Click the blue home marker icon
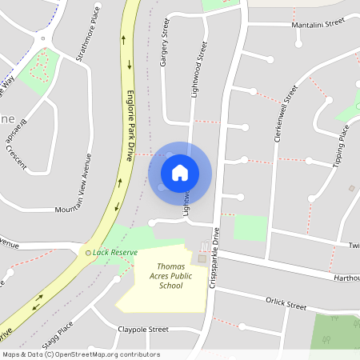(x=180, y=173)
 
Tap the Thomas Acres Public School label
(x=170, y=275)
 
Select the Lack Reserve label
(x=115, y=252)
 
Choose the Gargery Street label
(x=166, y=46)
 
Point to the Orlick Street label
(x=286, y=303)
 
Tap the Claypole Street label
(x=143, y=329)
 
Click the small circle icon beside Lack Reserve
(x=89, y=253)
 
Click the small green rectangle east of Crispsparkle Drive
(x=250, y=227)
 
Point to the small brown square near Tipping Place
(x=351, y=188)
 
